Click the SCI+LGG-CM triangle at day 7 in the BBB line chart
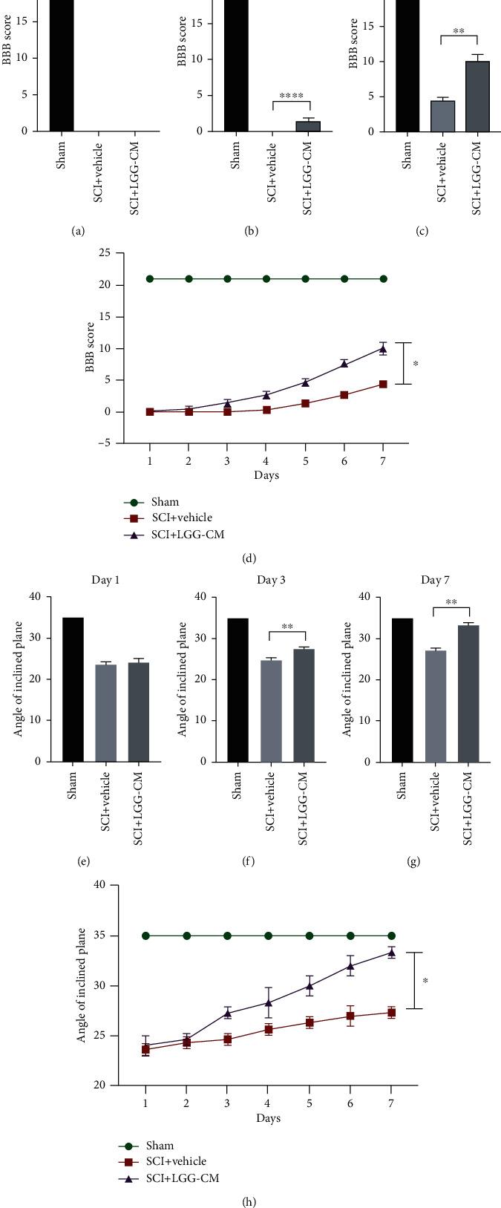point(383,348)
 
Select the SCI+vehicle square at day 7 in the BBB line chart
point(383,384)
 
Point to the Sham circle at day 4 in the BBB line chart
point(266,279)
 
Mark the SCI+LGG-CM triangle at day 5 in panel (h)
point(310,986)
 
